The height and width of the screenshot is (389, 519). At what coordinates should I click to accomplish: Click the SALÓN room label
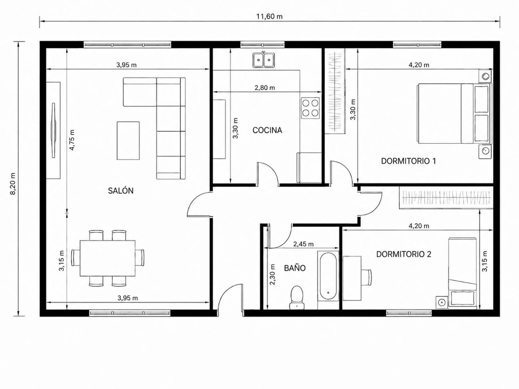pos(121,191)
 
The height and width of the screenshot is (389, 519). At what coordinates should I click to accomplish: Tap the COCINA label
pos(267,130)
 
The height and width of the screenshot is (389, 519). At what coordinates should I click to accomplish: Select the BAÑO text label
pos(294,268)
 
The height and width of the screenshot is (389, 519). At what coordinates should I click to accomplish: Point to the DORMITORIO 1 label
pos(408,161)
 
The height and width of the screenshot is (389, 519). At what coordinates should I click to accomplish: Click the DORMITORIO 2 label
pos(404,254)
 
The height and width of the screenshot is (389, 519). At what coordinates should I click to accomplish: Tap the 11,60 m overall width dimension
pos(269,17)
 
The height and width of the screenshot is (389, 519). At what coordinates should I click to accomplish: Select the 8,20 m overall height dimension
pos(13,184)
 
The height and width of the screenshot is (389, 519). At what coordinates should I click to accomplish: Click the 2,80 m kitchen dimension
pos(265,87)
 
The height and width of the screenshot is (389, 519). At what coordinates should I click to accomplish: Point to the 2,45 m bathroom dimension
pos(303,244)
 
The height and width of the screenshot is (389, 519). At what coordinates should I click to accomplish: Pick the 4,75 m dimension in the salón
pos(72,140)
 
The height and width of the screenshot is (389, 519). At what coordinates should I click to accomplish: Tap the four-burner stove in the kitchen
pos(310,108)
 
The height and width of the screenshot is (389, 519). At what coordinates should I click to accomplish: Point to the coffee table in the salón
pos(128,141)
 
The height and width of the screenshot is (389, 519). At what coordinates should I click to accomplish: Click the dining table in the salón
pos(108,258)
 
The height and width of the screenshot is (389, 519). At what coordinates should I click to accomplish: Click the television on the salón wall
pos(53,130)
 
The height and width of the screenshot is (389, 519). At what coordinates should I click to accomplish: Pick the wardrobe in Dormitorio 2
pos(446,198)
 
